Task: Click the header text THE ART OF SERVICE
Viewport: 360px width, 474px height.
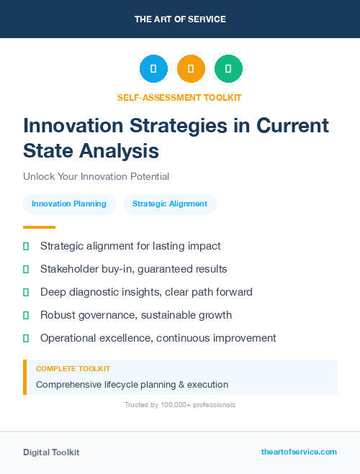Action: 180,19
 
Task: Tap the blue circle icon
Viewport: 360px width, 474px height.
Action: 153,69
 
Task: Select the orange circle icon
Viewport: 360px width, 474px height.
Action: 191,69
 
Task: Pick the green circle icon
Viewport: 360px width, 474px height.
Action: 228,69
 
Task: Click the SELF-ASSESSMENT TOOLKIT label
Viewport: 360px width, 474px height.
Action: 179,97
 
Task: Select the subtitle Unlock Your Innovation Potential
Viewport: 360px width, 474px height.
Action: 96,176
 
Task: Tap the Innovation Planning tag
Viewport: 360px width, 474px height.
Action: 69,204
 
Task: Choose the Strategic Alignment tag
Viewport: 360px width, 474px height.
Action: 170,204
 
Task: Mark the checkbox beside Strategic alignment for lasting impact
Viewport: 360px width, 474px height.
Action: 26,246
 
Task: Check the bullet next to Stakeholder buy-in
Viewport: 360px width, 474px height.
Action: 26,269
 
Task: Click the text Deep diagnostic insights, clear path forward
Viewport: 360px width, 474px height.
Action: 146,292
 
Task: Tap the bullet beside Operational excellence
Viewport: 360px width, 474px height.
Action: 26,338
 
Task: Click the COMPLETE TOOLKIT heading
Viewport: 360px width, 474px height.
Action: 73,368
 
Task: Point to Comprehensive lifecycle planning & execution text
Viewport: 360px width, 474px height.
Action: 132,384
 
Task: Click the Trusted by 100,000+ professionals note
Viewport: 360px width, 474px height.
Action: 179,405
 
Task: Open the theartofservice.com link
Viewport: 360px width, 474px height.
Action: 299,452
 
